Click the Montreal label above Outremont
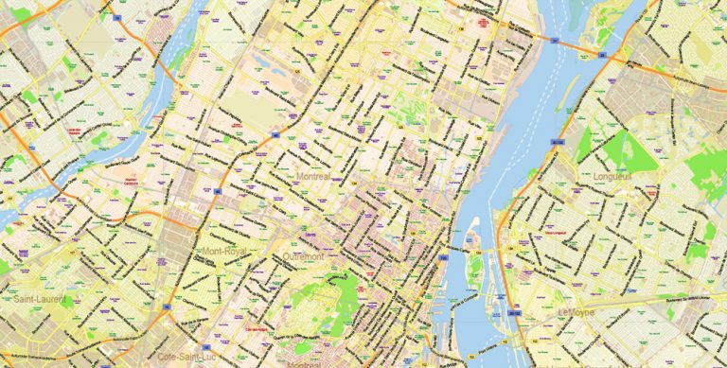tap(311, 176)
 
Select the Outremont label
tap(304, 256)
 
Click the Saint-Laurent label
tap(39, 299)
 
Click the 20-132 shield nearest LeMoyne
tap(515, 311)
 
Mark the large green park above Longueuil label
tap(611, 151)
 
